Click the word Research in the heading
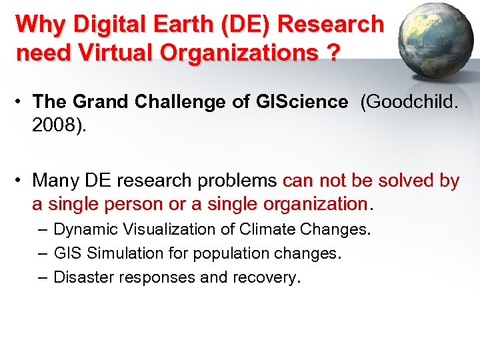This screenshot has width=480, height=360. coord(331,24)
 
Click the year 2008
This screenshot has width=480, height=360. coord(56,126)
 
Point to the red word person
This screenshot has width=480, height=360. coord(127,203)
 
